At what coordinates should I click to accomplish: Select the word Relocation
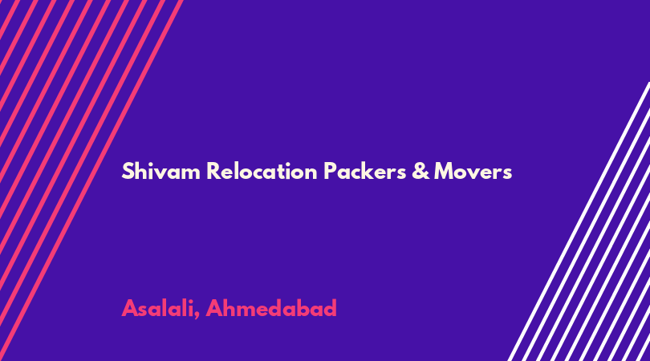coord(262,171)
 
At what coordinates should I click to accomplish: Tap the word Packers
coord(365,171)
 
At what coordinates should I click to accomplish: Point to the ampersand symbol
coord(420,171)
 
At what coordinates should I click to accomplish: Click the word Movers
coord(473,171)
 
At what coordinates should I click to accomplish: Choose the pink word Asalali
coord(158,308)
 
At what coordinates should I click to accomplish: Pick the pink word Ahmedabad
coord(271,308)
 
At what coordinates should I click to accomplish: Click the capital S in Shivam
coord(128,171)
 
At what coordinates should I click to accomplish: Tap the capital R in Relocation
coord(213,171)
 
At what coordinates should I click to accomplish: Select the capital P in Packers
coord(330,171)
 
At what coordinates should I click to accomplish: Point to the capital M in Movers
coord(444,171)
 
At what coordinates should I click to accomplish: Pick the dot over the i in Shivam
coord(151,164)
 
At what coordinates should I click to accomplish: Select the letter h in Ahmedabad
coord(229,308)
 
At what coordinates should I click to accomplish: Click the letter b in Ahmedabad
coord(303,308)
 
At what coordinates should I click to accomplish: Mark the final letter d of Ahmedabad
coord(330,308)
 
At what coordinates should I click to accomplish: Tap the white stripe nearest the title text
coord(579,221)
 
